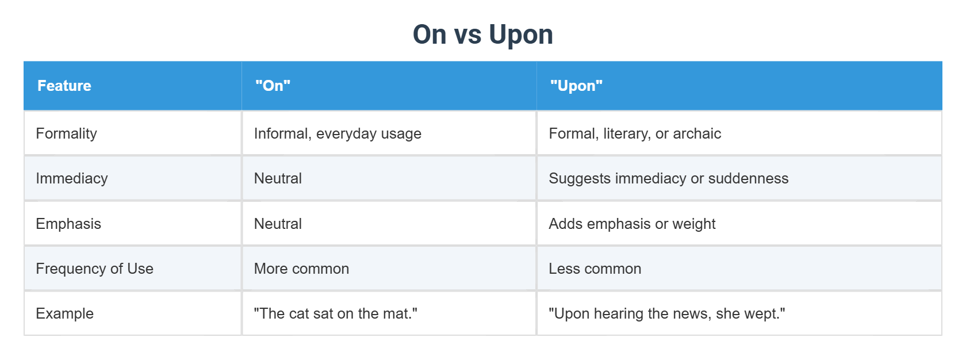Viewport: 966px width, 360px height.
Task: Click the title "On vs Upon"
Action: (482, 35)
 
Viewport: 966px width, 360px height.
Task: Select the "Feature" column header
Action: (64, 86)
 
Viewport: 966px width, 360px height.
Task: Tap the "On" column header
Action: (273, 86)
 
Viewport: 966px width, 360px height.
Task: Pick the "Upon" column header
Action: (576, 86)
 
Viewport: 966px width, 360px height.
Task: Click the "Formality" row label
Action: (66, 133)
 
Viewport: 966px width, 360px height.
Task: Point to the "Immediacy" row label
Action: (71, 178)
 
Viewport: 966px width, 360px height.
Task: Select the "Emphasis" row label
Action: (68, 224)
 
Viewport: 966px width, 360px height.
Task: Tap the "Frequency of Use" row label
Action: (94, 269)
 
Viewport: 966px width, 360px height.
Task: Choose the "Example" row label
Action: (64, 313)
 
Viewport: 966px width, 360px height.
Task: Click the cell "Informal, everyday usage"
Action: (338, 133)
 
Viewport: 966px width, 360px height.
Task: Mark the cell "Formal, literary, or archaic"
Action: (634, 133)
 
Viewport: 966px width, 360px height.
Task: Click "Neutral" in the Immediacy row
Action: (278, 178)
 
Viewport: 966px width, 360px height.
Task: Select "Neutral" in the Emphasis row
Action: (278, 224)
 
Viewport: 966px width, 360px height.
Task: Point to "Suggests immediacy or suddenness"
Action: (668, 178)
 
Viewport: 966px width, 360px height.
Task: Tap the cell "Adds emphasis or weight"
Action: (632, 224)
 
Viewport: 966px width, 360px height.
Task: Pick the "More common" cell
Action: (301, 269)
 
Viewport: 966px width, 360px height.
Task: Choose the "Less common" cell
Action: (595, 269)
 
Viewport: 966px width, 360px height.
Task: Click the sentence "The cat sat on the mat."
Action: (335, 313)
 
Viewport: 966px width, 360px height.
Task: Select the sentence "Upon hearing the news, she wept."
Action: (666, 313)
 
